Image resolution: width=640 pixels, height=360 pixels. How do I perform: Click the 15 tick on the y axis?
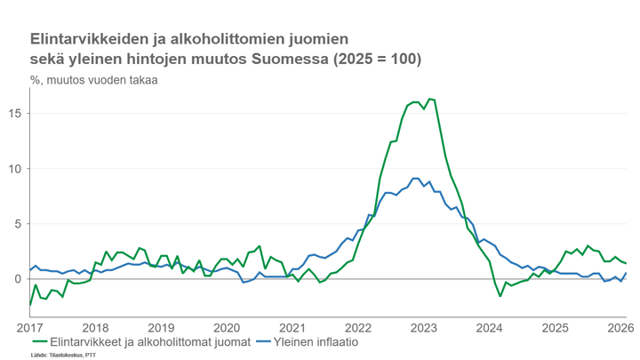18,113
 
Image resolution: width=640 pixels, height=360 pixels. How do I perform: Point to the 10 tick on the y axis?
18,168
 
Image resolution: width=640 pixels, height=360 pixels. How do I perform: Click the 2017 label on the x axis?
30,327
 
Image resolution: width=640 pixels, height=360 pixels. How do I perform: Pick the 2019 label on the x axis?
161,327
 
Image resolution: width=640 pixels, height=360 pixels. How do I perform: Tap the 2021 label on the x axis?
292,327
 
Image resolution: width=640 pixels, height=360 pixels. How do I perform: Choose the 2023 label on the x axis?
424,327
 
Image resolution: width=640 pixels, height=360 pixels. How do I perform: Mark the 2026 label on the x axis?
620,327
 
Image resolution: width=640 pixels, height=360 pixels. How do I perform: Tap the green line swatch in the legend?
39,341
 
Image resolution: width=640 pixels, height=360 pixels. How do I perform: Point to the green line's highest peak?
429,99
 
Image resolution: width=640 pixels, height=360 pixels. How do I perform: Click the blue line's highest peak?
415,178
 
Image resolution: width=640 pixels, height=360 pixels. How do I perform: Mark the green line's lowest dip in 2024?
500,296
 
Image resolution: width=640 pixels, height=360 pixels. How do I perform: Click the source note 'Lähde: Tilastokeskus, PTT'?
63,355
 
